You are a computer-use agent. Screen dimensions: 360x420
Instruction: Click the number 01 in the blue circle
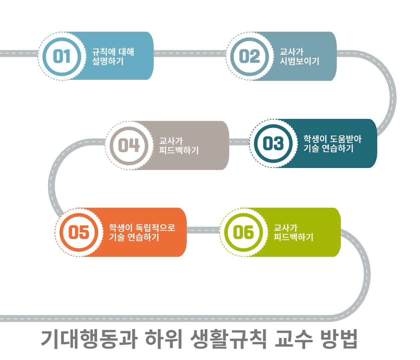(x=62, y=56)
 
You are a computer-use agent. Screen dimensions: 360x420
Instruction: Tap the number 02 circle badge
(x=250, y=56)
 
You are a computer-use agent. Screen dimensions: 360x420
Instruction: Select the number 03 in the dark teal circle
(x=273, y=143)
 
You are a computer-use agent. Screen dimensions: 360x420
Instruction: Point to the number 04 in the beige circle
(x=129, y=145)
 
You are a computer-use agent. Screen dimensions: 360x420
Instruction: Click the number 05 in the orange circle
(x=79, y=232)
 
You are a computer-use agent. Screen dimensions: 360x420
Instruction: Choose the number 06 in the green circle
(x=244, y=232)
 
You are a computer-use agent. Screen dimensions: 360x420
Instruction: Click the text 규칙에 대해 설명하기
(x=113, y=56)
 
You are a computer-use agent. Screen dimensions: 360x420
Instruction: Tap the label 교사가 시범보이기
(x=299, y=56)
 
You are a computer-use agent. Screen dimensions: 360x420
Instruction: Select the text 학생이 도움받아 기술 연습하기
(x=332, y=144)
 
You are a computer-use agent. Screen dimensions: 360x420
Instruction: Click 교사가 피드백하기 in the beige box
(x=179, y=146)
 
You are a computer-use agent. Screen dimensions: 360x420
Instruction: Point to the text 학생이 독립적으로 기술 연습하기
(x=142, y=232)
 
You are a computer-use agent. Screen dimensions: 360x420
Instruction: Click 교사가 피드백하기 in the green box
(x=293, y=232)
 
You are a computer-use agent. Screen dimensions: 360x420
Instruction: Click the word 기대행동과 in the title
(x=89, y=339)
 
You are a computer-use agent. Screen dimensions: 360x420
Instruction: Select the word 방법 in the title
(x=338, y=339)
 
